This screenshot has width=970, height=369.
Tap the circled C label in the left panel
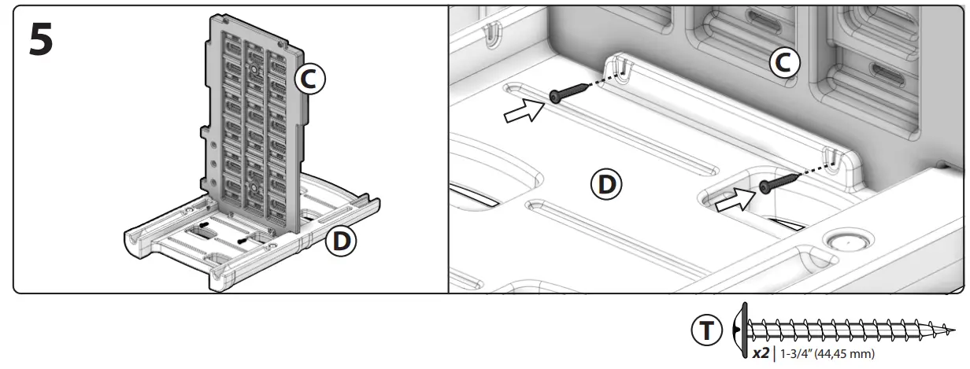pyautogui.click(x=309, y=79)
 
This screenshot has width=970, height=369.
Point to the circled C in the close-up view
pyautogui.click(x=784, y=62)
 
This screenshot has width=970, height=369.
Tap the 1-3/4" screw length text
pyautogui.click(x=798, y=354)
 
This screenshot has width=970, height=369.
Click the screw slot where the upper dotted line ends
pyautogui.click(x=626, y=66)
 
